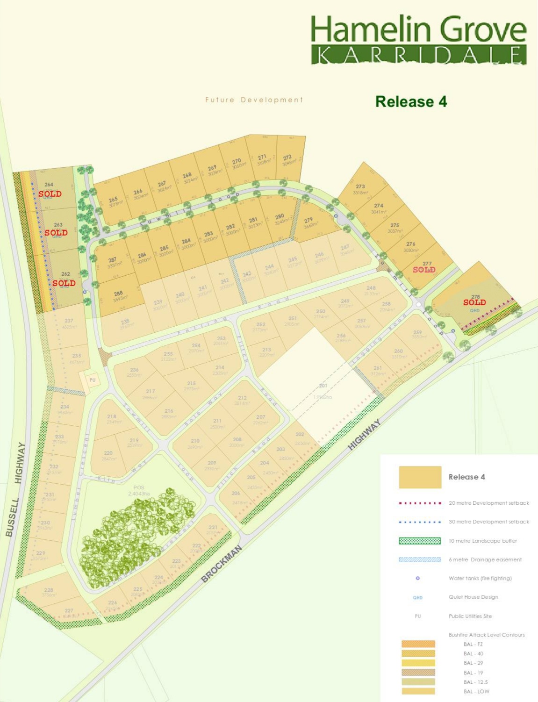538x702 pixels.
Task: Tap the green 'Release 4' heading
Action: click(411, 101)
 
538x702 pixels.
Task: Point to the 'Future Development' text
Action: click(254, 100)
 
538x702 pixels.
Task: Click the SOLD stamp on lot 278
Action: click(474, 302)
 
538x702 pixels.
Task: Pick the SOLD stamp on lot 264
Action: click(50, 193)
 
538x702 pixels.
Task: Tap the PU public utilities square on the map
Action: click(92, 380)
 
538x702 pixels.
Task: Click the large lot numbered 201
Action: click(323, 386)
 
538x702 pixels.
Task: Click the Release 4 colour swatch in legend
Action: click(420, 477)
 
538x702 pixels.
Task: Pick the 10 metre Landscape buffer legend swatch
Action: click(419, 541)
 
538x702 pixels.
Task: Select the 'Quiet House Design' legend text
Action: click(473, 597)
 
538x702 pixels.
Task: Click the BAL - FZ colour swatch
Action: click(418, 644)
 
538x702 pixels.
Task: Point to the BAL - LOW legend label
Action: click(476, 691)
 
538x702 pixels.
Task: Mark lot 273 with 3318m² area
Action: click(360, 189)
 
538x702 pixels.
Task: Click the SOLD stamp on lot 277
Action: click(424, 270)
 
